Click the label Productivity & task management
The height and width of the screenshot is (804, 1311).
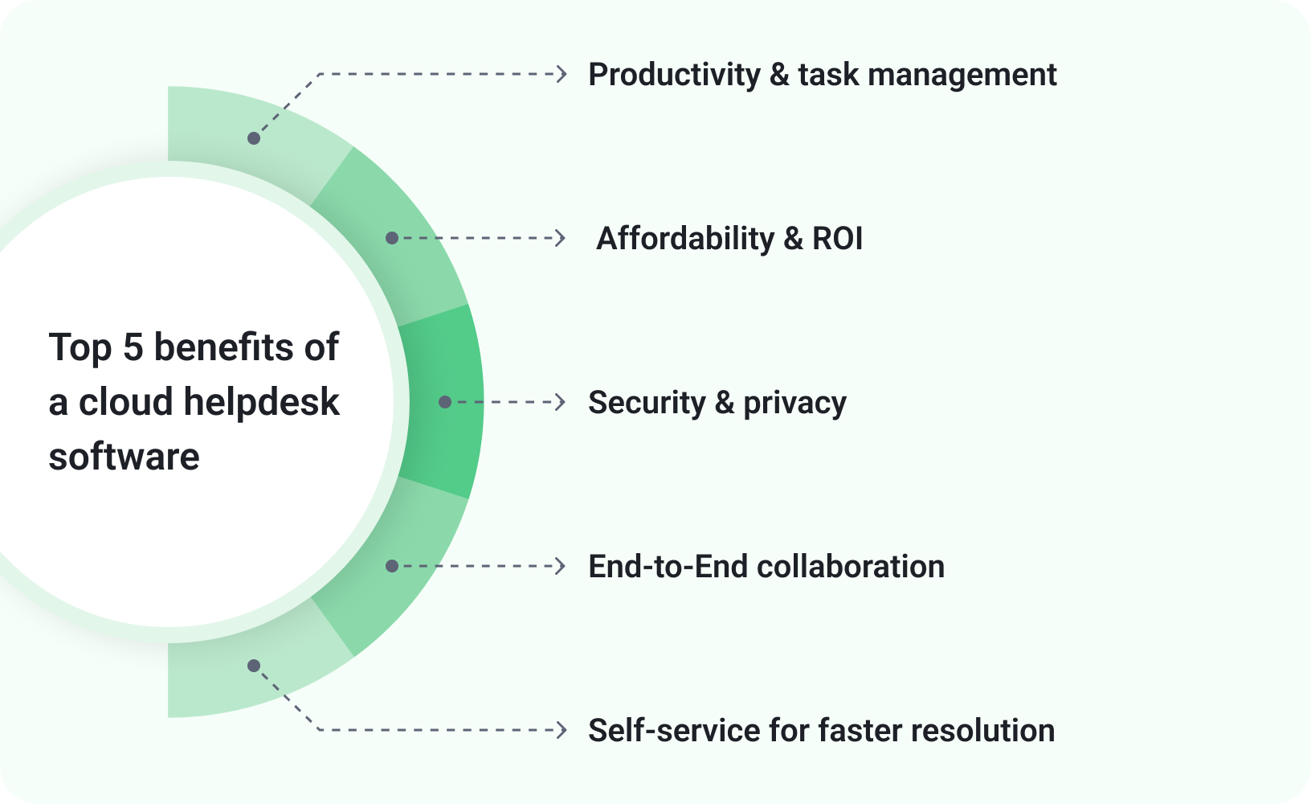tap(822, 75)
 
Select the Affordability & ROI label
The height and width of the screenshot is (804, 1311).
tap(729, 239)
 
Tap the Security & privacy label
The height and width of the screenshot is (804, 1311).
tap(717, 403)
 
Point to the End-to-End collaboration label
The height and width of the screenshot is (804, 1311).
tap(766, 567)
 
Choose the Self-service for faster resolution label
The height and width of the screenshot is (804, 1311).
tap(821, 731)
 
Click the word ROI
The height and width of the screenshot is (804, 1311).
tap(837, 239)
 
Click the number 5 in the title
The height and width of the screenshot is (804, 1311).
tap(133, 347)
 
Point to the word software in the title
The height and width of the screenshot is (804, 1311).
tap(124, 457)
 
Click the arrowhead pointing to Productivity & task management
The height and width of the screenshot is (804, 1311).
tap(562, 74)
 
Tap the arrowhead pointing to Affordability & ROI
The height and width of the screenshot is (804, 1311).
tap(561, 238)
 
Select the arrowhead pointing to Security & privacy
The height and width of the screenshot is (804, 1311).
tap(561, 402)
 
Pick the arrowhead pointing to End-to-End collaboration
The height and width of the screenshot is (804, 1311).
tap(561, 566)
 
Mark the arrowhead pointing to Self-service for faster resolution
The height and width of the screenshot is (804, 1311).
tap(562, 730)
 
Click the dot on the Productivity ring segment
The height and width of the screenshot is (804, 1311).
tap(254, 138)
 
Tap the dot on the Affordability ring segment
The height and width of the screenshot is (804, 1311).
tap(392, 238)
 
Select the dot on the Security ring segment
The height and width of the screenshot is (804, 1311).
tap(445, 402)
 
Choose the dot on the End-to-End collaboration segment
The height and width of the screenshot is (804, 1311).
tap(392, 566)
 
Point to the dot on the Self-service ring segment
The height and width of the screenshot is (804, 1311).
tap(254, 666)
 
